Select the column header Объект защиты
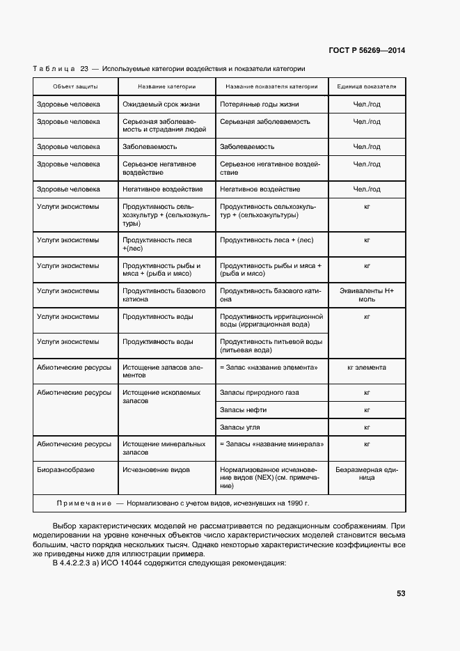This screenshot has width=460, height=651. coord(76,86)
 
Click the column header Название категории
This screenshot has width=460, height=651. coord(166,86)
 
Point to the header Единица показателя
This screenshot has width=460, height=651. coord(367,86)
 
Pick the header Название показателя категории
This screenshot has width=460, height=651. coord(271,86)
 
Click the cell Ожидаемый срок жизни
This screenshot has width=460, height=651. coord(161,104)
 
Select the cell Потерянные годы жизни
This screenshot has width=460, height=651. coord(259,104)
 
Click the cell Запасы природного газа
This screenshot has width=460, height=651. coord(259,393)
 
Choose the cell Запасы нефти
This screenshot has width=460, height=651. coord(243,410)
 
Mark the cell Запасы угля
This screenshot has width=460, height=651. coord(240,427)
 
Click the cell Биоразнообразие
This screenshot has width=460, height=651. coord(66,470)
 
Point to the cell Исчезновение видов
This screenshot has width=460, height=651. coord(156,470)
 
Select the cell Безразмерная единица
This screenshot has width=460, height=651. coord(367,473)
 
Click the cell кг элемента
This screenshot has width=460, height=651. coord(367,368)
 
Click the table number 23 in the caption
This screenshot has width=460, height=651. coord(84,68)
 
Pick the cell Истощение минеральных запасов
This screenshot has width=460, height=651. coord(164,448)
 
